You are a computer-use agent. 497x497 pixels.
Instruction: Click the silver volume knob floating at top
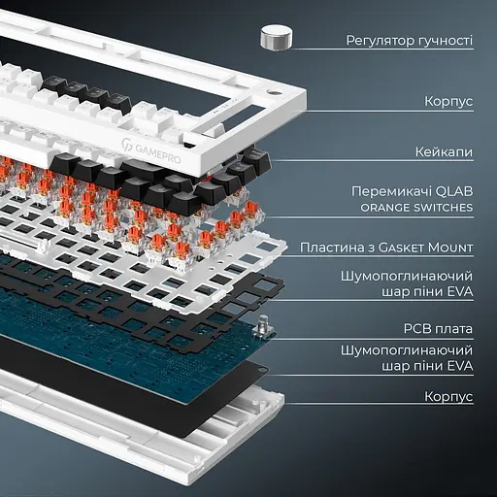(x=276, y=38)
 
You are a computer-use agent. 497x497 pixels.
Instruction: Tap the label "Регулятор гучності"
(x=410, y=41)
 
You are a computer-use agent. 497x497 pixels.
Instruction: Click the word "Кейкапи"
(x=444, y=151)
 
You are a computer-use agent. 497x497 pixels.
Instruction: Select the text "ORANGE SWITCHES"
(x=416, y=208)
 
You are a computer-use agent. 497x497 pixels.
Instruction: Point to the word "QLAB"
(x=454, y=191)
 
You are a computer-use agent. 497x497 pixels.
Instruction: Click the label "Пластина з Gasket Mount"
(x=386, y=248)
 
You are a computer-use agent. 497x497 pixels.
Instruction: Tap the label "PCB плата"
(x=438, y=329)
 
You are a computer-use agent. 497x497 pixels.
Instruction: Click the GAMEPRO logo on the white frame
(x=151, y=150)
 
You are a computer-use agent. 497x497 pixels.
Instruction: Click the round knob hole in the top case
(x=274, y=93)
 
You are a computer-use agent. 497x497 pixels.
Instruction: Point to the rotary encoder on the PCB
(x=264, y=326)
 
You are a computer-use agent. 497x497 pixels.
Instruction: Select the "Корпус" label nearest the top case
(x=448, y=102)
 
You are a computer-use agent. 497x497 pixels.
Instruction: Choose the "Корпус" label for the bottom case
(x=448, y=397)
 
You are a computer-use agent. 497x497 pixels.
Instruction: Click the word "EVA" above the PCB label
(x=460, y=291)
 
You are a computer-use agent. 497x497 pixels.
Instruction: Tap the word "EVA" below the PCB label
(x=460, y=366)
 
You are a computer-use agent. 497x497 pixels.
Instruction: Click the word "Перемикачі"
(x=391, y=191)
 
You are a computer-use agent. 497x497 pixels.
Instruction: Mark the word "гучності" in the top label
(x=446, y=41)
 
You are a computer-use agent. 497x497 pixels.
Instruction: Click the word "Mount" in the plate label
(x=450, y=248)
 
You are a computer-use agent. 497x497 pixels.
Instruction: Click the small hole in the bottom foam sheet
(x=260, y=369)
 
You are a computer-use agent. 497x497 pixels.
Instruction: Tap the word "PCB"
(x=416, y=329)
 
